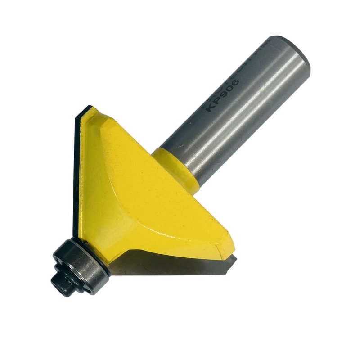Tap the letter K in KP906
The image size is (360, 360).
tap(210, 108)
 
